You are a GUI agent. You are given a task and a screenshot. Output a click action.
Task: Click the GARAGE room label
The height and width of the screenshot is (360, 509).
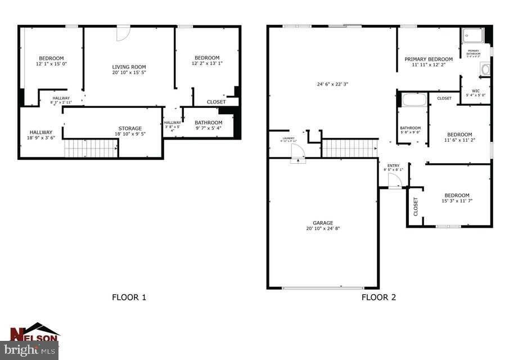(323, 223)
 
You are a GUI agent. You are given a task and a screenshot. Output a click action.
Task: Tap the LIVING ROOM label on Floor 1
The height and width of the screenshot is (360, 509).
(129, 67)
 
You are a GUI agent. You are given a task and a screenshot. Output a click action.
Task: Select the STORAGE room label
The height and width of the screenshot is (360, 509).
(129, 128)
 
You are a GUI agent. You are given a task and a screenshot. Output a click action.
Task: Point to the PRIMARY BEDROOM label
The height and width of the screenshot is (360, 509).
(429, 59)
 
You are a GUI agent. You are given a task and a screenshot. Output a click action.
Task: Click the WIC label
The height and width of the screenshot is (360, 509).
(475, 91)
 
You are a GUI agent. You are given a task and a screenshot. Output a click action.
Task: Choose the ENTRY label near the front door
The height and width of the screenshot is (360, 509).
(393, 165)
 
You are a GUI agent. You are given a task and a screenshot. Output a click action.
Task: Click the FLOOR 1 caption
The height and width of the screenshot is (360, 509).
(129, 297)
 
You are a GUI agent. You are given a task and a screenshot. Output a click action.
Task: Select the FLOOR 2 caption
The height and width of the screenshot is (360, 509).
(379, 297)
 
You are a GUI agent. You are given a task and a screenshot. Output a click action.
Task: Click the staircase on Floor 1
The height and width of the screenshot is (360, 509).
(91, 149)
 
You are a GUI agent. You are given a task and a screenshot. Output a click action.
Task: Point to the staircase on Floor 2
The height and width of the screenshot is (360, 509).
(349, 148)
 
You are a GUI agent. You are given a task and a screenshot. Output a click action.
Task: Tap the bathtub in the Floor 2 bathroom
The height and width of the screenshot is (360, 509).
(414, 100)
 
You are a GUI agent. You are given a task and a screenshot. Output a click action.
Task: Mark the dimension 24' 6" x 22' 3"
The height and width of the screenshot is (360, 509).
(332, 84)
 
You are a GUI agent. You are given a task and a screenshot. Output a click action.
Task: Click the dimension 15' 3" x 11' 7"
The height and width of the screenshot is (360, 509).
(456, 201)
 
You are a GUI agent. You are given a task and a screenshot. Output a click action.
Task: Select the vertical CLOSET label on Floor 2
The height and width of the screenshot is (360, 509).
(416, 206)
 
